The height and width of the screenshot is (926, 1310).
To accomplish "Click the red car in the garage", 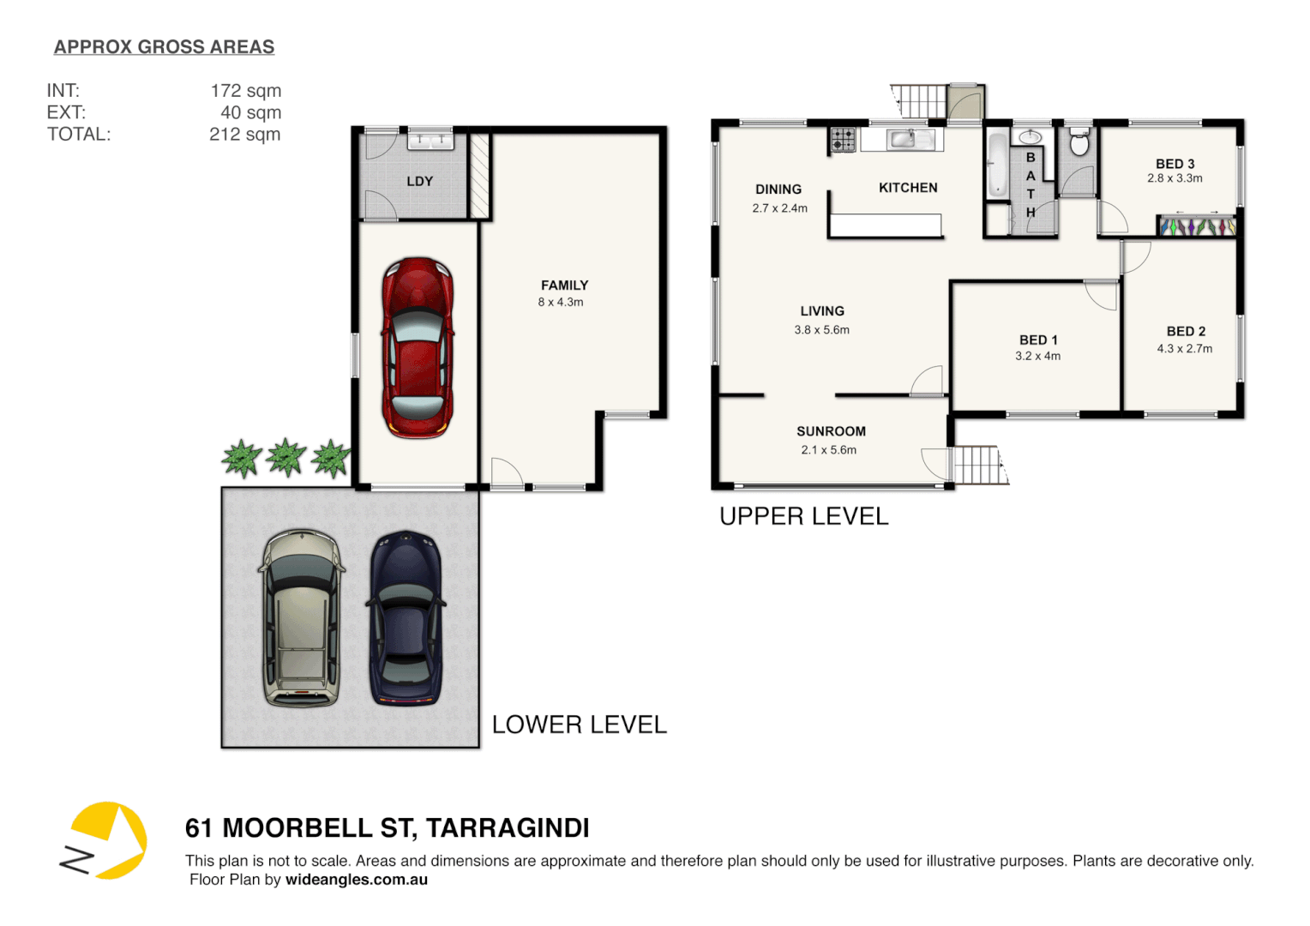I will click(418, 347).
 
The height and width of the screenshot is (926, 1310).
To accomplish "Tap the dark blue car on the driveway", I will click(406, 617).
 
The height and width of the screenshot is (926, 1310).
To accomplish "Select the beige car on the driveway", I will click(301, 617).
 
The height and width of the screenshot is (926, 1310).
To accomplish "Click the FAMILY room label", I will click(564, 286).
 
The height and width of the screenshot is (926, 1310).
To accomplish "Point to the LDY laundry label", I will click(419, 181).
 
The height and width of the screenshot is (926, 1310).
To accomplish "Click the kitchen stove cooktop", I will click(843, 140).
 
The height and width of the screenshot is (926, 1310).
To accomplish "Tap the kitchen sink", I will click(901, 139).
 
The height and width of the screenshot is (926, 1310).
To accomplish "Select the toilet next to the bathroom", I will click(1079, 143).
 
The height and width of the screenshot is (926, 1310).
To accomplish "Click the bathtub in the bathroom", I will click(997, 165).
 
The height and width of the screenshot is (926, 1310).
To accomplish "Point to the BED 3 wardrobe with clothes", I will click(1197, 227).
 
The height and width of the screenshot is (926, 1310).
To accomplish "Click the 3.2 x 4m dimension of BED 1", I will click(1037, 356).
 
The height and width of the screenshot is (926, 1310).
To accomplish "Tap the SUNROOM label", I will click(831, 431).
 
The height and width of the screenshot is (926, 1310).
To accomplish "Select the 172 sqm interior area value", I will click(245, 91).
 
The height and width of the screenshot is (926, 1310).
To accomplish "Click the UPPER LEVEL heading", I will click(803, 516).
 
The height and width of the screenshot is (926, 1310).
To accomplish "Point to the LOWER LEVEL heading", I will click(579, 725).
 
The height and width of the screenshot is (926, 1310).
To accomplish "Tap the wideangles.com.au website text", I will click(356, 880).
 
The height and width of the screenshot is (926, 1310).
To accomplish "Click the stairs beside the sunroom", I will click(977, 466).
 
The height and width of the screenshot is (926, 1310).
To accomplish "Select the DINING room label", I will click(778, 189).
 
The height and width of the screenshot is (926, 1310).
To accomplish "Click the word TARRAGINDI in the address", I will click(508, 828).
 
